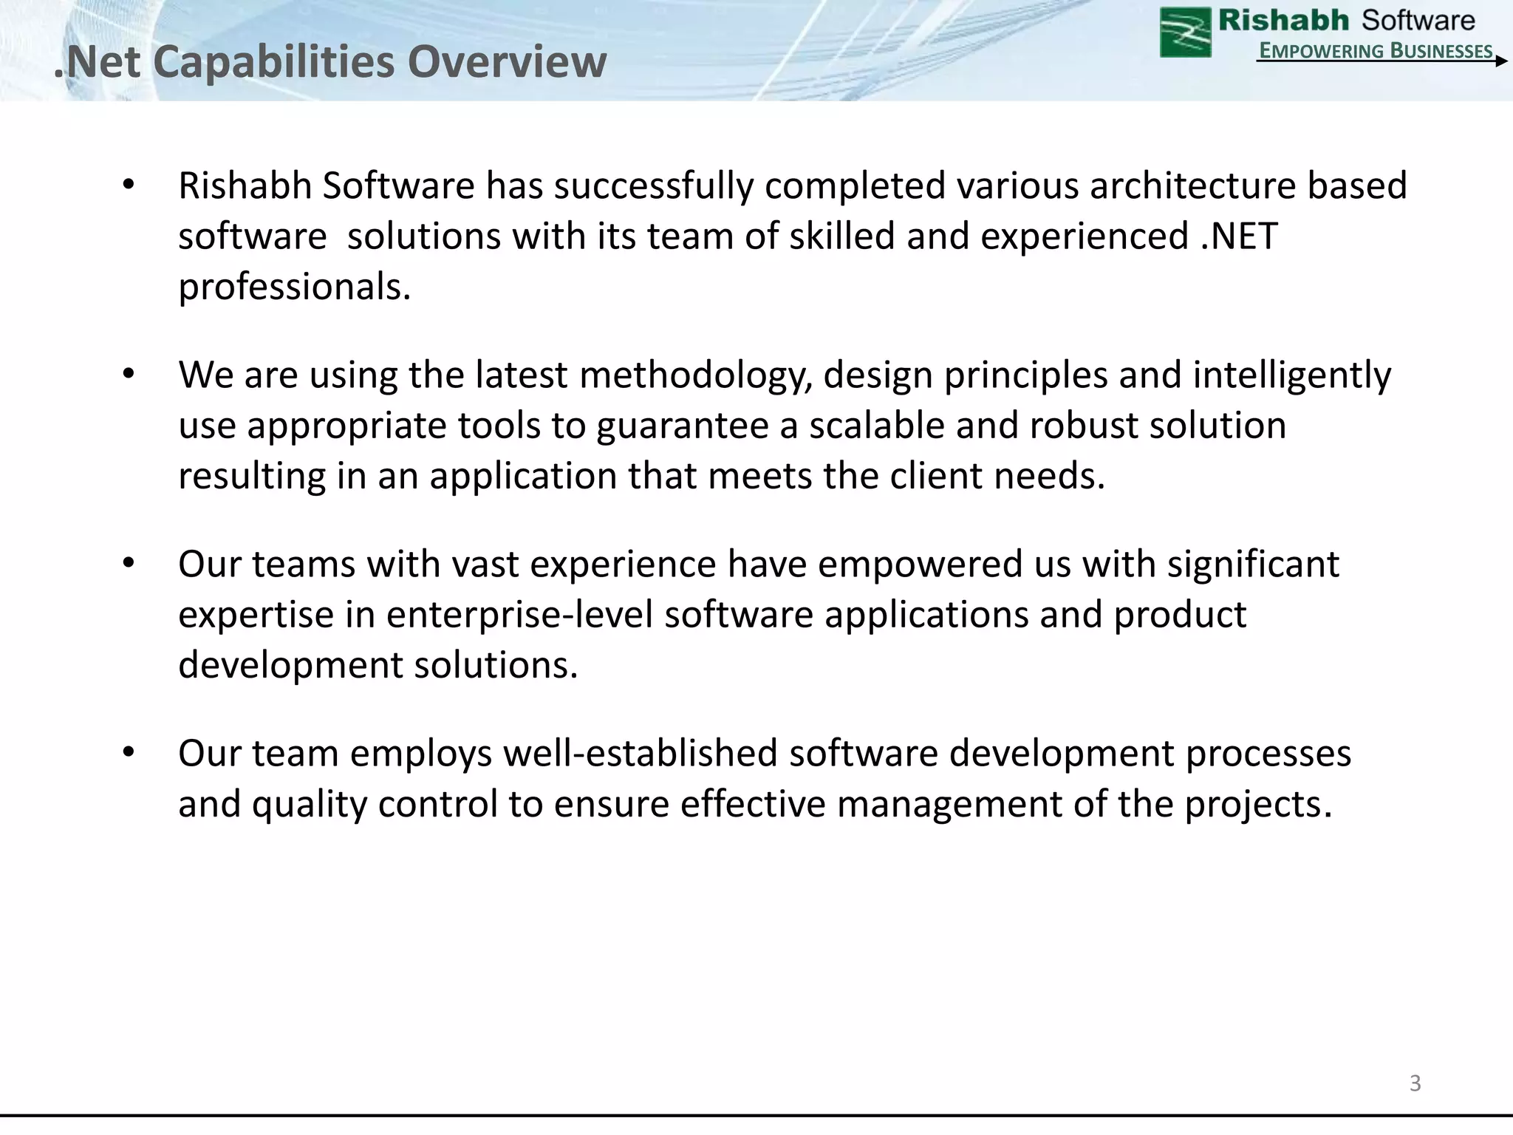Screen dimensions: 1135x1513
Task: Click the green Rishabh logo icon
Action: (1185, 32)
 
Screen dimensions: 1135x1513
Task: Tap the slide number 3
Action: (1415, 1083)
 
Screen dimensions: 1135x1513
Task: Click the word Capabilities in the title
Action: (274, 61)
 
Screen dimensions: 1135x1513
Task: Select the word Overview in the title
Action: (507, 61)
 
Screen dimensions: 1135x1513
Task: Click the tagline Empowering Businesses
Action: (1376, 50)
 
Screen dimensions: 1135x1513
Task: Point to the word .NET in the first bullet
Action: (1239, 236)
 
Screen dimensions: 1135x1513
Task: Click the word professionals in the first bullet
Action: (294, 287)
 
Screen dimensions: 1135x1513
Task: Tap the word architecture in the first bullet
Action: (1192, 185)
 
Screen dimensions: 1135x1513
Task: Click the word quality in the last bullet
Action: (309, 805)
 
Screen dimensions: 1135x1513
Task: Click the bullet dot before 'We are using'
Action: (129, 375)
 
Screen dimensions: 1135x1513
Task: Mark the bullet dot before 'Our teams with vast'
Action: (129, 564)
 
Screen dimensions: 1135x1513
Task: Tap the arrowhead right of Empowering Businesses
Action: (1500, 61)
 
